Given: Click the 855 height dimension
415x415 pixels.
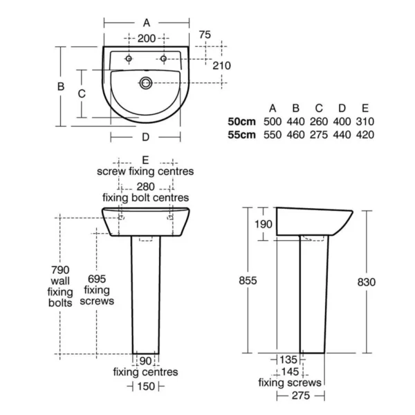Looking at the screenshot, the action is click(248, 281).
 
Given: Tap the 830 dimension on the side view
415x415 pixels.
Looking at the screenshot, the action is click(367, 282).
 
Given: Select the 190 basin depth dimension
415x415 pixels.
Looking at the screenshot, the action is click(264, 224).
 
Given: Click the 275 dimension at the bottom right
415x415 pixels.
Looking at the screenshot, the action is click(301, 396).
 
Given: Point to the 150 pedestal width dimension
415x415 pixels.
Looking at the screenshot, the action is click(146, 387).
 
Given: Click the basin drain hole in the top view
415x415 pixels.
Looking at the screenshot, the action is click(146, 83).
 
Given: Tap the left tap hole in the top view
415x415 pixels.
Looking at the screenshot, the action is click(129, 59).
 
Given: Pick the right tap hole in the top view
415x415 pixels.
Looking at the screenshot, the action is click(163, 59).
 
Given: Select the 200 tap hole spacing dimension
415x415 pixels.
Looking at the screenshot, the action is click(147, 39).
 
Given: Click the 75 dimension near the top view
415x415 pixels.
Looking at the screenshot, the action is click(205, 35).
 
